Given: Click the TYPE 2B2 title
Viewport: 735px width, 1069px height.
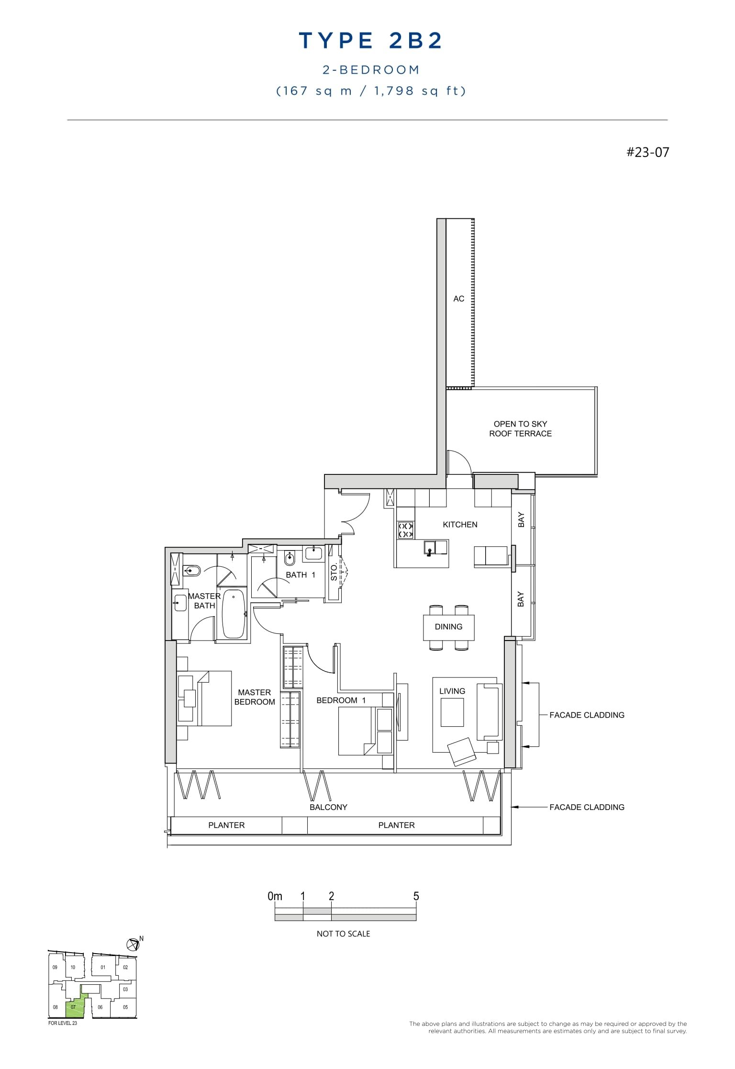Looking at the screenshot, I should click(x=370, y=41).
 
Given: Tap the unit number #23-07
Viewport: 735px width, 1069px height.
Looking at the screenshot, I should click(x=647, y=152).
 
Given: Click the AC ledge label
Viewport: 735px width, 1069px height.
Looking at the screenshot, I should click(x=458, y=299).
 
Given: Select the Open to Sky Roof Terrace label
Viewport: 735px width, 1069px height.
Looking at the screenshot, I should click(x=520, y=428).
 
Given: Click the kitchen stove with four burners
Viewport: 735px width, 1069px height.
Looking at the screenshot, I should click(x=406, y=530).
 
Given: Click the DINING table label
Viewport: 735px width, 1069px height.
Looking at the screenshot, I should click(x=448, y=627).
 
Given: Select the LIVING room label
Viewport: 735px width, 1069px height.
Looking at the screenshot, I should click(x=452, y=691).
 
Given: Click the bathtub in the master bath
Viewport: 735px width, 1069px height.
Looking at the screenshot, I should click(x=234, y=615).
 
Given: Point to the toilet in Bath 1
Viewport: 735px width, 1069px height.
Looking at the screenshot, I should click(x=290, y=558).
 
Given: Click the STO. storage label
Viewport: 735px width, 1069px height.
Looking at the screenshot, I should click(x=334, y=573).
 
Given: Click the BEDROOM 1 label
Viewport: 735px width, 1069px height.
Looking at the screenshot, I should click(x=341, y=700).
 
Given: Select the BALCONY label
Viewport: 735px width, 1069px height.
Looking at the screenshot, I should click(x=328, y=807).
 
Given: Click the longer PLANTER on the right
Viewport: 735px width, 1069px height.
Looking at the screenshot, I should click(x=396, y=825).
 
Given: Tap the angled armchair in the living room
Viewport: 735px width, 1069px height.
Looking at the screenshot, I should click(x=462, y=750).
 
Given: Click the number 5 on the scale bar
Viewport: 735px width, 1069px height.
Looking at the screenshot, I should click(x=416, y=896).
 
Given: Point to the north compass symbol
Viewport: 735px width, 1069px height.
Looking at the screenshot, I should click(x=133, y=945).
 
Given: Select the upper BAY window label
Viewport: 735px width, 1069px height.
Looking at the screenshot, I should click(x=521, y=519).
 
